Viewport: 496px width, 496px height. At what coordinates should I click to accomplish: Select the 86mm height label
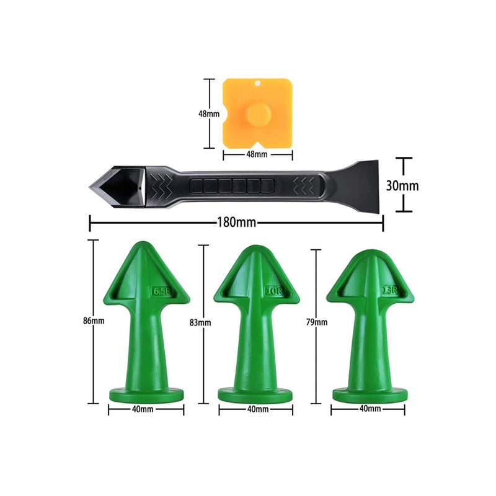(94, 321)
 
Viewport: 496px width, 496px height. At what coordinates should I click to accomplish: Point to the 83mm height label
(201, 322)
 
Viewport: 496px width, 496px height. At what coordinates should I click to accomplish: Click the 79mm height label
(316, 322)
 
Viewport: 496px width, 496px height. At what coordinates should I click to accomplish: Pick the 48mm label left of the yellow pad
(209, 114)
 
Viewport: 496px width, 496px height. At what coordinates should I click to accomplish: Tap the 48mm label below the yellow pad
(256, 154)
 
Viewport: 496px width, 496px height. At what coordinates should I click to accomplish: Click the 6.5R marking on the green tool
(160, 290)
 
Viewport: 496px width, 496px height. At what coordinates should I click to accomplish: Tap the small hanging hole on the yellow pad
(257, 83)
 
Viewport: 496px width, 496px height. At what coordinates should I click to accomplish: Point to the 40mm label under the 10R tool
(257, 410)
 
